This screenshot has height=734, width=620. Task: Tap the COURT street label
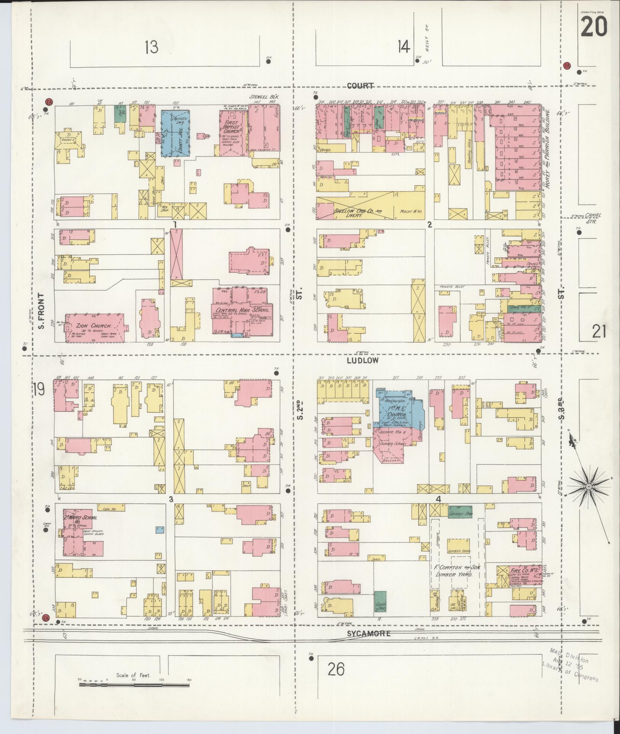tap(360, 86)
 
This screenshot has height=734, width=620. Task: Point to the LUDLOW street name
tap(363, 360)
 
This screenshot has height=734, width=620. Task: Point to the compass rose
tap(588, 487)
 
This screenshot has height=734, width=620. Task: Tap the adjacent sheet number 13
tap(151, 47)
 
